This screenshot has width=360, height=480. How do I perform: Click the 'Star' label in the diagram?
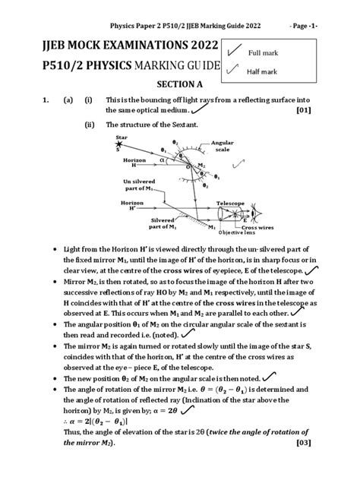(121, 137)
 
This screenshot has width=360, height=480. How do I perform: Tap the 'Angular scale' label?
(201, 146)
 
